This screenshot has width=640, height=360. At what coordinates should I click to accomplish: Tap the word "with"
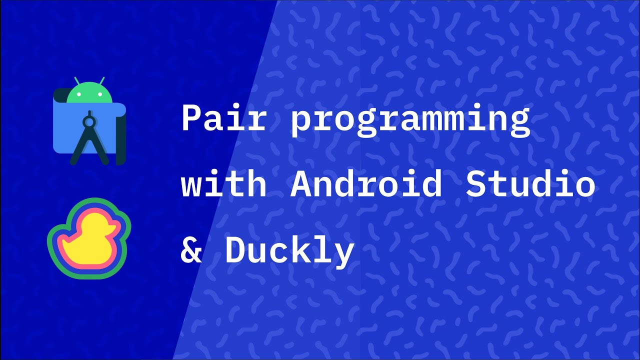point(223,183)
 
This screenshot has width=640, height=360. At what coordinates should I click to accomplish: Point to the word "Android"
point(366,183)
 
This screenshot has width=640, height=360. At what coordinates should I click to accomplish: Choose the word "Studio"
point(530,183)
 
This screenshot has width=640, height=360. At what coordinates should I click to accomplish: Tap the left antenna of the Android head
point(77,81)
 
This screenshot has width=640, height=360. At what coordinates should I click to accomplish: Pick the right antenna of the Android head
point(101,81)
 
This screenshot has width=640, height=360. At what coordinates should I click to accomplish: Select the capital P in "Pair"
point(192,119)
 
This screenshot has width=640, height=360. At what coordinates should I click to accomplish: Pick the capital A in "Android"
point(300,183)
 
